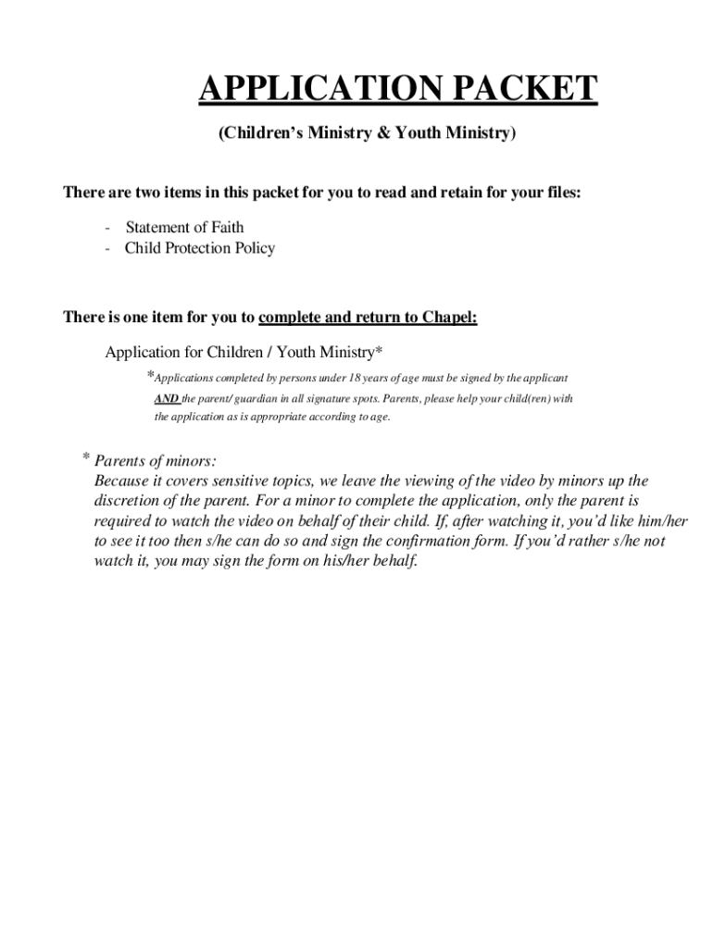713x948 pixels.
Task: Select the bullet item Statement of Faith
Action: (184, 227)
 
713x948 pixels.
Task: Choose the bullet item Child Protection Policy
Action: (199, 248)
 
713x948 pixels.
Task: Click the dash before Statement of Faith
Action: (109, 227)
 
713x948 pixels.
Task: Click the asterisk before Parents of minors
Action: (85, 458)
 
